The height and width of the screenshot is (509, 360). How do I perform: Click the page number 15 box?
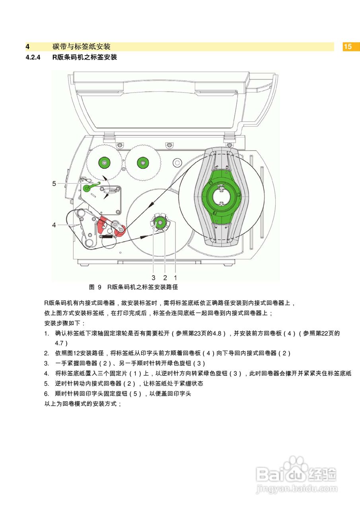[348, 47]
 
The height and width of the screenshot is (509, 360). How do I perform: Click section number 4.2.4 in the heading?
[33, 57]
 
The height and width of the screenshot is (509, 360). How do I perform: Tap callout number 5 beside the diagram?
[54, 183]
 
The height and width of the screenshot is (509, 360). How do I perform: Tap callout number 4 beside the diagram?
[54, 225]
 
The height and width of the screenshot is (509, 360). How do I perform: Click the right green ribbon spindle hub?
[142, 162]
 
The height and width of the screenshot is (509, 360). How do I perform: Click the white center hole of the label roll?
[222, 196]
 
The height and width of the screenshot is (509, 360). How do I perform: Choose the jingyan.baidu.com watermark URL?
[297, 488]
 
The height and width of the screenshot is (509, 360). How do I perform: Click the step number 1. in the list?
[47, 334]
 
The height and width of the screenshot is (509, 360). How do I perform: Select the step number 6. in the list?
[47, 394]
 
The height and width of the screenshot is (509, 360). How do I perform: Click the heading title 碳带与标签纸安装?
[81, 47]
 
